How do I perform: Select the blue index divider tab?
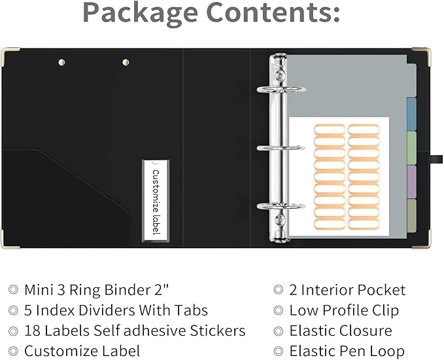coord(411,115)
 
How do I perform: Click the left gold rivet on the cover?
coord(63,63)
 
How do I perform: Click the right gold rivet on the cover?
coord(126,63)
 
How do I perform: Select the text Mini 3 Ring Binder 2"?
coord(102,290)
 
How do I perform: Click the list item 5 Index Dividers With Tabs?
coord(116,310)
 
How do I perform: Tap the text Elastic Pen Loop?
coord(347,351)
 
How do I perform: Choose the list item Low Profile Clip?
coord(344,310)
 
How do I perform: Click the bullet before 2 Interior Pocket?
coord(279,290)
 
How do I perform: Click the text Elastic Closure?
coord(341,331)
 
